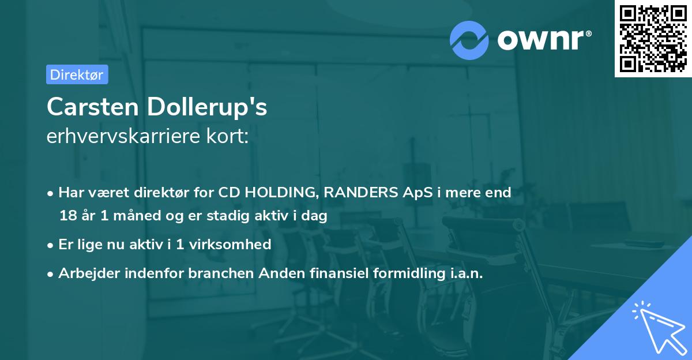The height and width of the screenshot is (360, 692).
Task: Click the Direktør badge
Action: click(x=77, y=74)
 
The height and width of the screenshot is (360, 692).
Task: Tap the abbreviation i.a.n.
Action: click(x=467, y=273)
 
